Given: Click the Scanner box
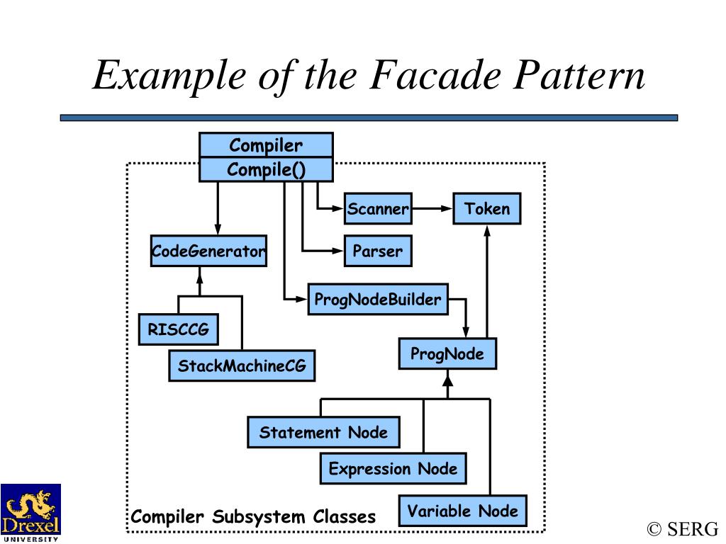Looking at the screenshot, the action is [378, 209].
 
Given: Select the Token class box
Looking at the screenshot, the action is [486, 209].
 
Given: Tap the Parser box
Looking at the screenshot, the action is [378, 251].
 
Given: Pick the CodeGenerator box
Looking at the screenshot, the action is [209, 251].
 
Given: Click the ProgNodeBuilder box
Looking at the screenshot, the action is [378, 300].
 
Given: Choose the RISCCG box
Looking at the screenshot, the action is [178, 329].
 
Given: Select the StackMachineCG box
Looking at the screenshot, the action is [242, 365].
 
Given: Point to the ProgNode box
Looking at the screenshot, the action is [447, 354].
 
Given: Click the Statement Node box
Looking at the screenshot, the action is [323, 432].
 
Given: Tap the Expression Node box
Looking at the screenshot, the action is [393, 469].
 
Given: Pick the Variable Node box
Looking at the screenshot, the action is [462, 511].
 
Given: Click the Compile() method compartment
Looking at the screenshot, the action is [267, 169].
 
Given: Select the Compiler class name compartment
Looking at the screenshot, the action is [267, 145].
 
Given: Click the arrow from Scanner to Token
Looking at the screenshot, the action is [432, 209].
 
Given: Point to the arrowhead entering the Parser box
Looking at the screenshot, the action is [339, 251].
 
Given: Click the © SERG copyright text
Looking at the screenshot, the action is [683, 529].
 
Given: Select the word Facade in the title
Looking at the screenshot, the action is [435, 75].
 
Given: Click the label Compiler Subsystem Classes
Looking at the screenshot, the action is [253, 516].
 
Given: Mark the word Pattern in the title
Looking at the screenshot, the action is [579, 75].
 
